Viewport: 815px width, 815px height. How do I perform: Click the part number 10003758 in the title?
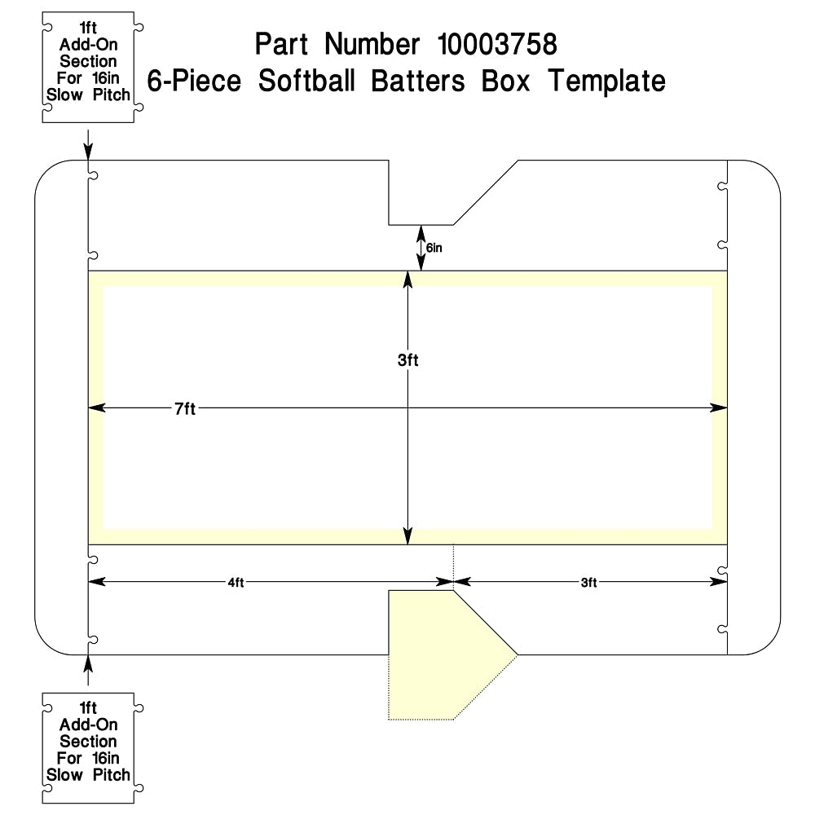click(497, 44)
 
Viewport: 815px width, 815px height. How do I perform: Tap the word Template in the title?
click(606, 81)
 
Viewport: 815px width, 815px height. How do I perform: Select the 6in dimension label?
click(434, 248)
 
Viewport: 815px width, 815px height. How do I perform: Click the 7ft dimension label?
click(185, 409)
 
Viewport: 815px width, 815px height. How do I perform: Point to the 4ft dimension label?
click(236, 583)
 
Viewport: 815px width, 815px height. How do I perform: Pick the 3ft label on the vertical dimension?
click(408, 360)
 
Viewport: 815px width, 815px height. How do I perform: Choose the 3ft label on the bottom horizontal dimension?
click(588, 583)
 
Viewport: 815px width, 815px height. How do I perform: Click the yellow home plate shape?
click(442, 655)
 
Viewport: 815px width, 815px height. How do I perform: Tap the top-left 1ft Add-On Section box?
click(88, 68)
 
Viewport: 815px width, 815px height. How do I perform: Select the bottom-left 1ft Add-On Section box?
click(88, 748)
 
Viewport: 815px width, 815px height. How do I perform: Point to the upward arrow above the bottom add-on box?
click(88, 671)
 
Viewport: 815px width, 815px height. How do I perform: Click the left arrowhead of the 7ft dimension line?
click(97, 408)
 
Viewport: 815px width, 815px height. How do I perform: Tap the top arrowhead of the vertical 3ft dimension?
click(408, 280)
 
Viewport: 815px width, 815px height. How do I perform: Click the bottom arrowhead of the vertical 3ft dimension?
click(408, 536)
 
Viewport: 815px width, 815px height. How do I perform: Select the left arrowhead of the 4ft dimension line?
click(97, 582)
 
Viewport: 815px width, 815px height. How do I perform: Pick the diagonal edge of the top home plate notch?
click(486, 193)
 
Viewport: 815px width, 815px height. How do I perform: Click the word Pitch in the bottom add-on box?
click(111, 775)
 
